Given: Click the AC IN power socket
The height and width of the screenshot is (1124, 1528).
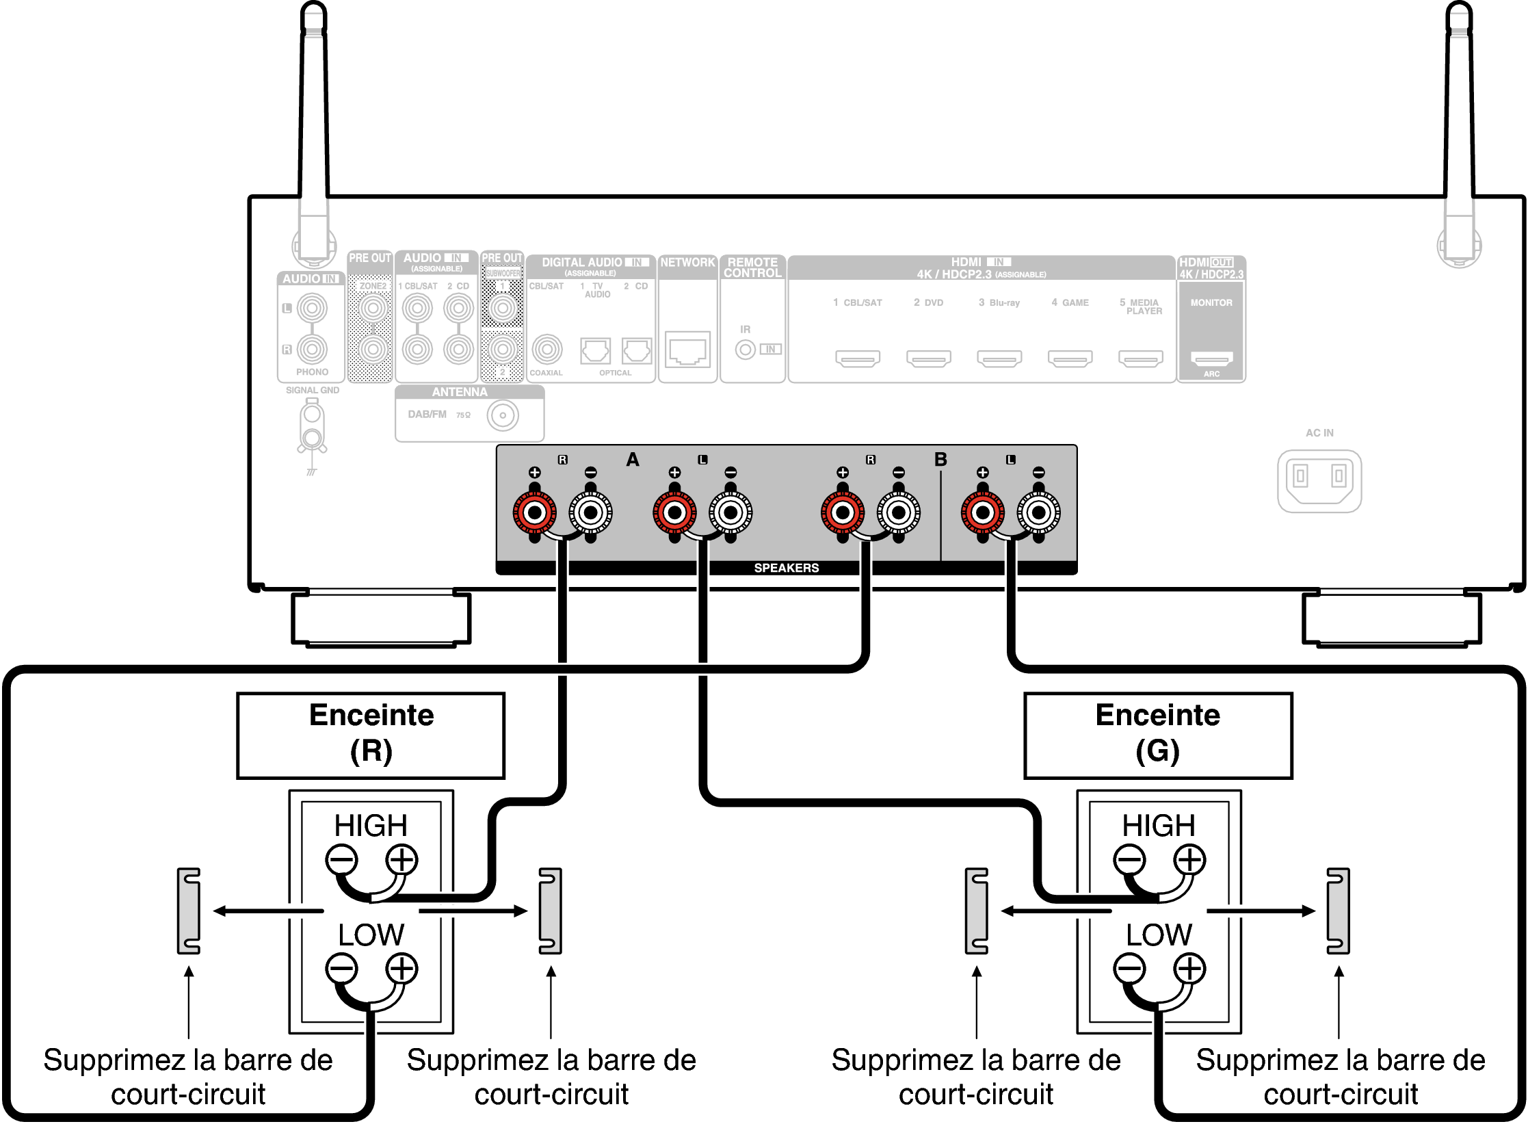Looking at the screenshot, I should click(1319, 481).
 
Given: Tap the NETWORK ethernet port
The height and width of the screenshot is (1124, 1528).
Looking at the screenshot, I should click(687, 350).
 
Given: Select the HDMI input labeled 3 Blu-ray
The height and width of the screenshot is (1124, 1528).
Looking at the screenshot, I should click(999, 358).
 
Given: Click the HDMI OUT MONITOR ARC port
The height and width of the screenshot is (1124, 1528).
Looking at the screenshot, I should click(1211, 358).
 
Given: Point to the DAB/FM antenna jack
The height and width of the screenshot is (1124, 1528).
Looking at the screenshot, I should click(503, 415).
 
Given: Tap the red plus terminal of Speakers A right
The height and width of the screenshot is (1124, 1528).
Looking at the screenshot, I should click(534, 512).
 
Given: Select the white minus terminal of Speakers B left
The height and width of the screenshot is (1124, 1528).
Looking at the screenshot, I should click(1038, 512).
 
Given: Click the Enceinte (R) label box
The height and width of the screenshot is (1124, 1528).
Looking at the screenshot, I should click(371, 735).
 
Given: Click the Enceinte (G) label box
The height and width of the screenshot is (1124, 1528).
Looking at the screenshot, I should click(1157, 735).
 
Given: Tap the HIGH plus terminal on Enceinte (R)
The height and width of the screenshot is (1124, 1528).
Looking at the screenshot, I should click(401, 860).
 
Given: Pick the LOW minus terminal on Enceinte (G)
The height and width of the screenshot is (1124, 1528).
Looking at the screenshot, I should click(1129, 969).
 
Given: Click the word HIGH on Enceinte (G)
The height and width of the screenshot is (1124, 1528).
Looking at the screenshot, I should click(1158, 826).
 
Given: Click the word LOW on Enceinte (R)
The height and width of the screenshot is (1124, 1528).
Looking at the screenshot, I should click(371, 935).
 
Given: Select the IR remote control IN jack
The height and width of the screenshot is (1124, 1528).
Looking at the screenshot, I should click(745, 350).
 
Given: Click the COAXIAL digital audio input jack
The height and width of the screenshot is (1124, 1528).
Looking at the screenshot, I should click(546, 350).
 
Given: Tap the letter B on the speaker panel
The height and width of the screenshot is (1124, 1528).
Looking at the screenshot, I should click(940, 460).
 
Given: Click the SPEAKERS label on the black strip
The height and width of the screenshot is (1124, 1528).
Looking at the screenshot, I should click(786, 568).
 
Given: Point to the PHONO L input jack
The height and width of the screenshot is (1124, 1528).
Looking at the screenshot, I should click(312, 308).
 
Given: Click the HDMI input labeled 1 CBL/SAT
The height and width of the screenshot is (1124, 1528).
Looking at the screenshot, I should click(857, 358).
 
